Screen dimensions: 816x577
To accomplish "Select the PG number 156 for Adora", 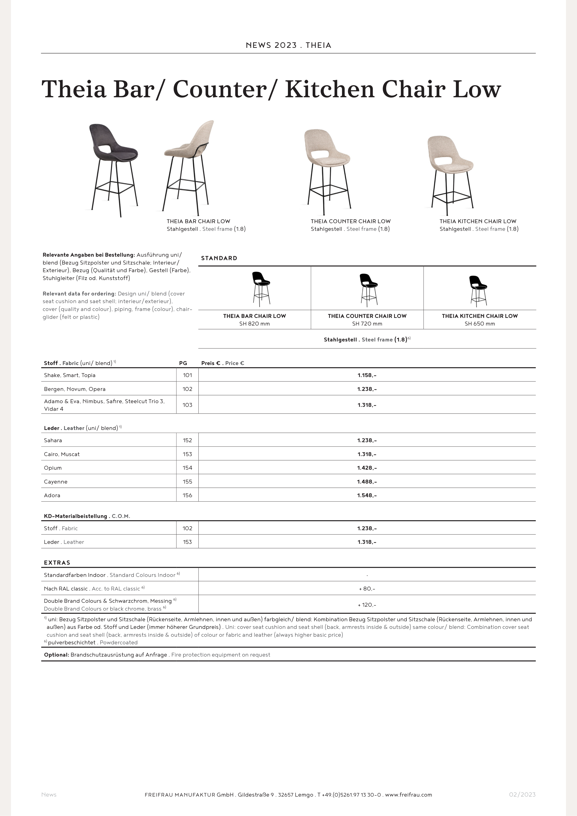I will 187,495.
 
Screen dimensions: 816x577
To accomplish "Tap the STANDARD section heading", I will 219,258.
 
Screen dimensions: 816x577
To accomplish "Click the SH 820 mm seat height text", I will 255,324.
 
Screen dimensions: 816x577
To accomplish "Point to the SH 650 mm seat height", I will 479,324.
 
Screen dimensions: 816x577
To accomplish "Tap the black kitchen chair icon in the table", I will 478,291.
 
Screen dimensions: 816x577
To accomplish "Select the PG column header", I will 183,363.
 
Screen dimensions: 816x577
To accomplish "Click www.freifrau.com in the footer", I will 409,795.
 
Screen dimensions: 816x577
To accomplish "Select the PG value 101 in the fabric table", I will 187,375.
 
